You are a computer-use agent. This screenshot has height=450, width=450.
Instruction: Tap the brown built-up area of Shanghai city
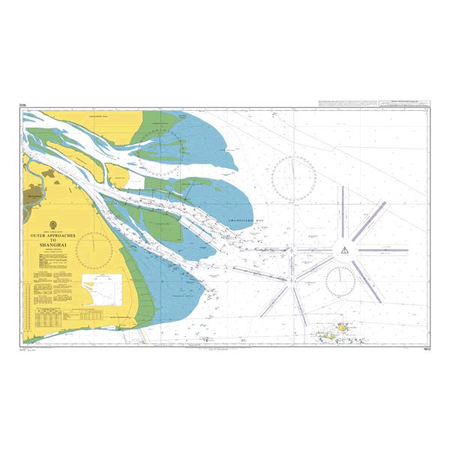point(34,197)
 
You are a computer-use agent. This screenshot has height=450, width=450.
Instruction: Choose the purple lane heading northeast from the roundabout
point(370,221)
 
